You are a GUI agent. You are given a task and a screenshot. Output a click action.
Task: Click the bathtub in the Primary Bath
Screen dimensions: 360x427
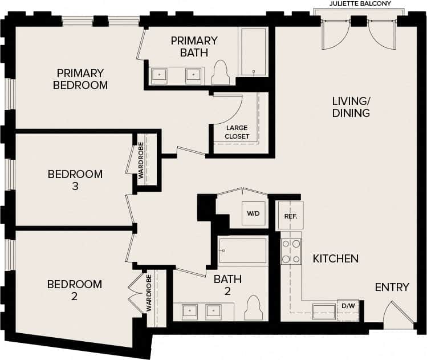(253, 52)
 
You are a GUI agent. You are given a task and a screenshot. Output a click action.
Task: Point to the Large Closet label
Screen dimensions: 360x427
(237, 132)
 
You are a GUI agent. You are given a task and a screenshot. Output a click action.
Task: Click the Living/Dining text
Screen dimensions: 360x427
(351, 107)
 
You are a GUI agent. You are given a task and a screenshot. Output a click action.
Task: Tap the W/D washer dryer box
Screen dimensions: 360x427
(253, 214)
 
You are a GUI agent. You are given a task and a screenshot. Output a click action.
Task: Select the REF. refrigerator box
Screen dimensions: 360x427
(290, 217)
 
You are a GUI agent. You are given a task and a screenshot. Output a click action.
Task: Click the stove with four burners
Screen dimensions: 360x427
(291, 252)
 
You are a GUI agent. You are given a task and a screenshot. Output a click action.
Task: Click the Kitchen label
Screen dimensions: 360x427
(336, 258)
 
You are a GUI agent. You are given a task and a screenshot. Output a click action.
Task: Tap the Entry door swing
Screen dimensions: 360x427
(397, 314)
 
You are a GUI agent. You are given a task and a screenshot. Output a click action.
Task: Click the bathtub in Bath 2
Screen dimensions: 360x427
(243, 250)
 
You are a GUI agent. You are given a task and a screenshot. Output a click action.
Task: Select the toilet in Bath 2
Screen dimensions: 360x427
(253, 309)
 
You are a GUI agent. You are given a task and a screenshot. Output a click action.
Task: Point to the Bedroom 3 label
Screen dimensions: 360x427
(75, 180)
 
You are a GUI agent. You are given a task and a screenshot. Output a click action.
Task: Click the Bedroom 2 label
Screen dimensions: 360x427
(75, 290)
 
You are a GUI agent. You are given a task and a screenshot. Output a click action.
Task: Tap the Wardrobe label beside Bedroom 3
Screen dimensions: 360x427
(140, 161)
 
